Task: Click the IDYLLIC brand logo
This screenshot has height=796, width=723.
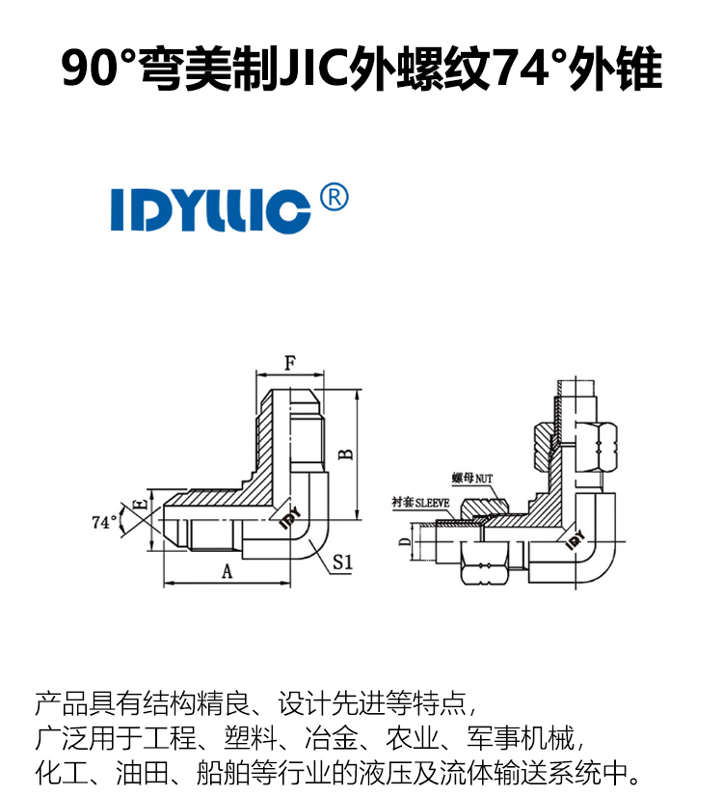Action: click(210, 210)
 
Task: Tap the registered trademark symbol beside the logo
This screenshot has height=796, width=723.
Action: click(335, 197)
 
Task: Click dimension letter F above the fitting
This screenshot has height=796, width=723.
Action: click(290, 364)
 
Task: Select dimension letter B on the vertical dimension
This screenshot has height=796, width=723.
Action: click(346, 453)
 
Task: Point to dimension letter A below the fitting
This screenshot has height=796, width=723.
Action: click(227, 571)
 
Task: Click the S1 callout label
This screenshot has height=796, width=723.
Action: click(342, 562)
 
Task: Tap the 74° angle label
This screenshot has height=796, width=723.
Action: click(104, 521)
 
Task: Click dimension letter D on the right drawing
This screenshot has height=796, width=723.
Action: click(405, 541)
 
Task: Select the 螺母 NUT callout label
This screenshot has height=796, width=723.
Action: click(472, 479)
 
